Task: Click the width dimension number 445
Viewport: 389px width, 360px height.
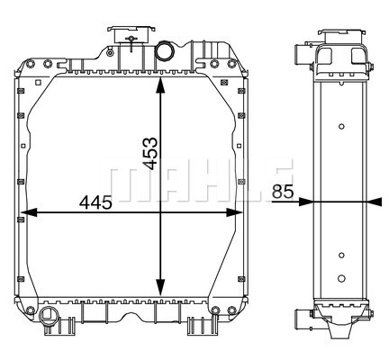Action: coord(95,202)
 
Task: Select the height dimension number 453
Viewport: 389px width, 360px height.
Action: coord(149,153)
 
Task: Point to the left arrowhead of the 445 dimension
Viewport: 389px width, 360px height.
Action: coord(30,212)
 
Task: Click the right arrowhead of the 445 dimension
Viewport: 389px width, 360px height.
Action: coord(234,212)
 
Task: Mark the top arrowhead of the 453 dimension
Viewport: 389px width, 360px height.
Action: coord(160,85)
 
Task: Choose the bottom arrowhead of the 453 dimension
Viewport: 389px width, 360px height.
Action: coord(160,287)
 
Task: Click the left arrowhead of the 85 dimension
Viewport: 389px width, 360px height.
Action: coord(306,202)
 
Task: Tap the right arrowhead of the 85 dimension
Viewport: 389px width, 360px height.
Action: coord(375,202)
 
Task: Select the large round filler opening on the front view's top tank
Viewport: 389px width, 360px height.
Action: coord(165,50)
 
